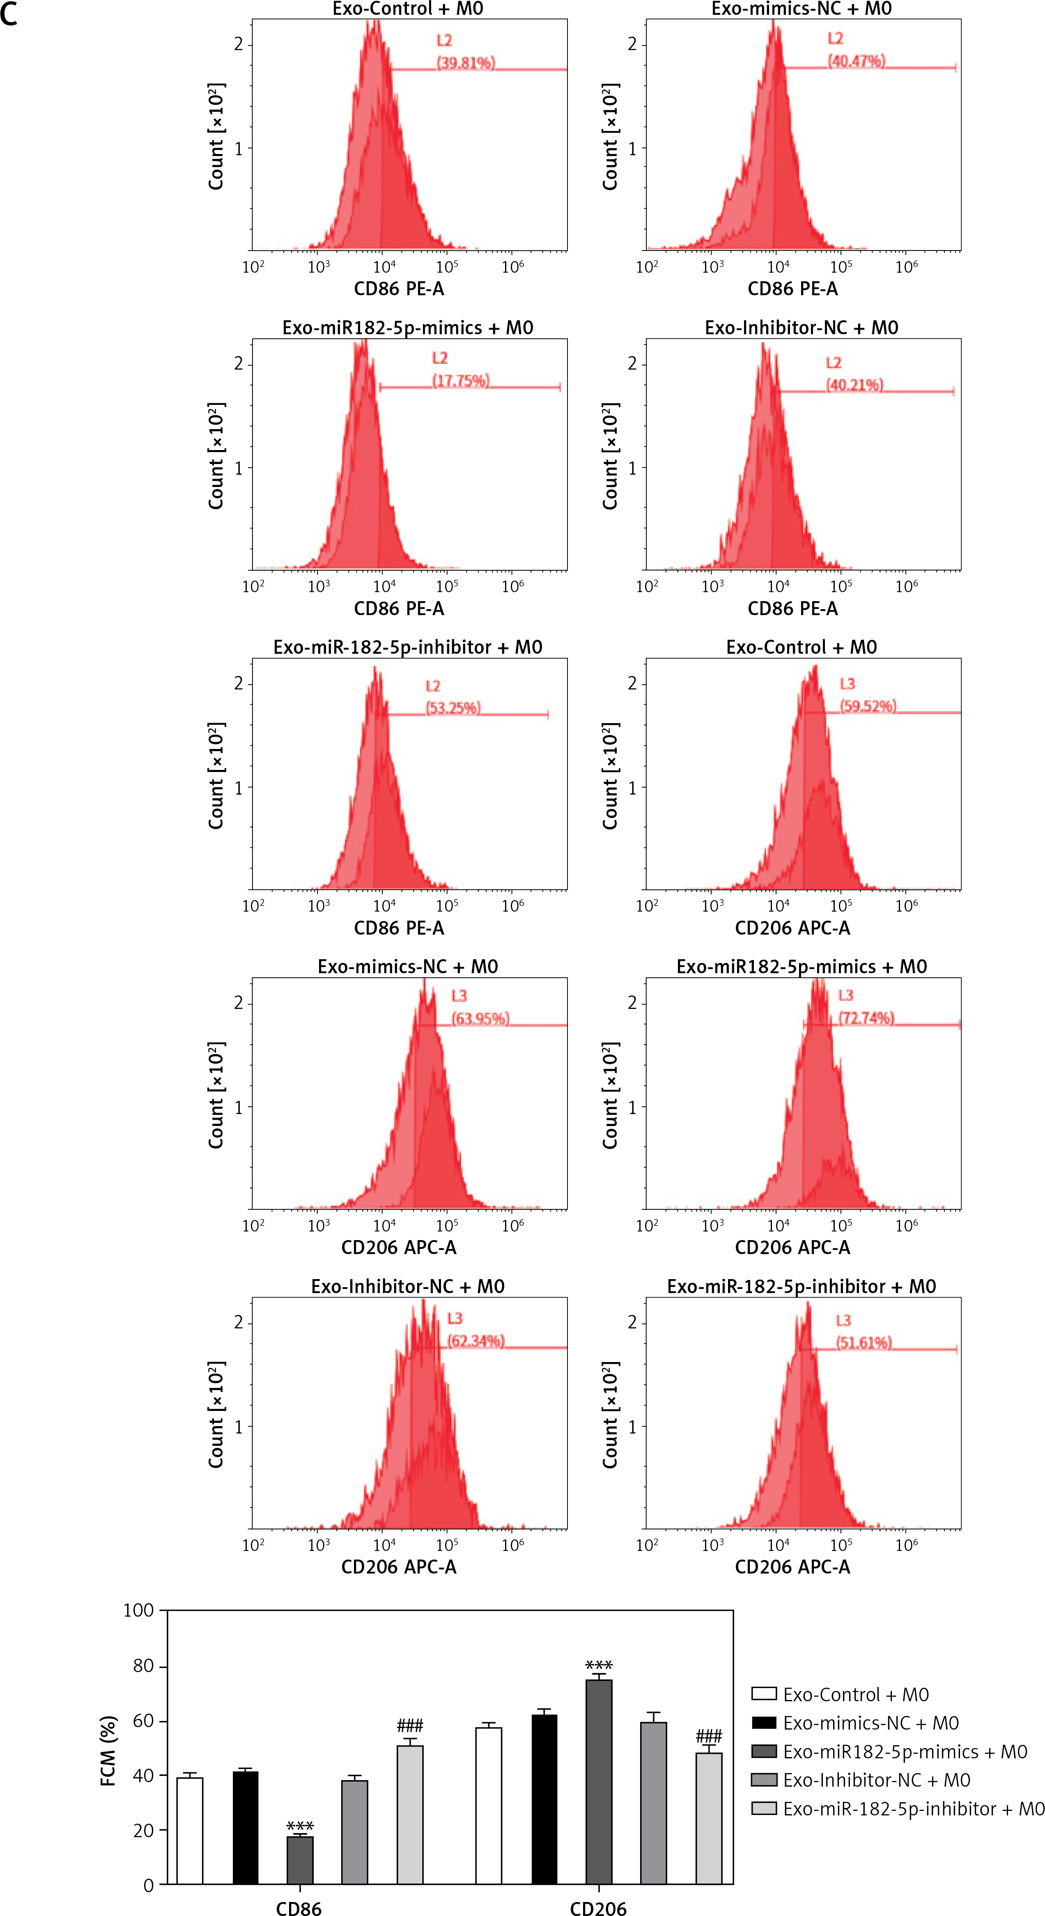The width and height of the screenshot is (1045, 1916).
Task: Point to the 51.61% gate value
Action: [864, 1342]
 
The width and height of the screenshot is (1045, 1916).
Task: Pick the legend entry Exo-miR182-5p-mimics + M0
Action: [905, 1752]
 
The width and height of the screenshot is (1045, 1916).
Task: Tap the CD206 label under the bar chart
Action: [598, 1907]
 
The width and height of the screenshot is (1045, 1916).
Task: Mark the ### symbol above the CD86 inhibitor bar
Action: [410, 1725]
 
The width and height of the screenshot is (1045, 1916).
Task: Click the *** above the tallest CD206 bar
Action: [599, 1666]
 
